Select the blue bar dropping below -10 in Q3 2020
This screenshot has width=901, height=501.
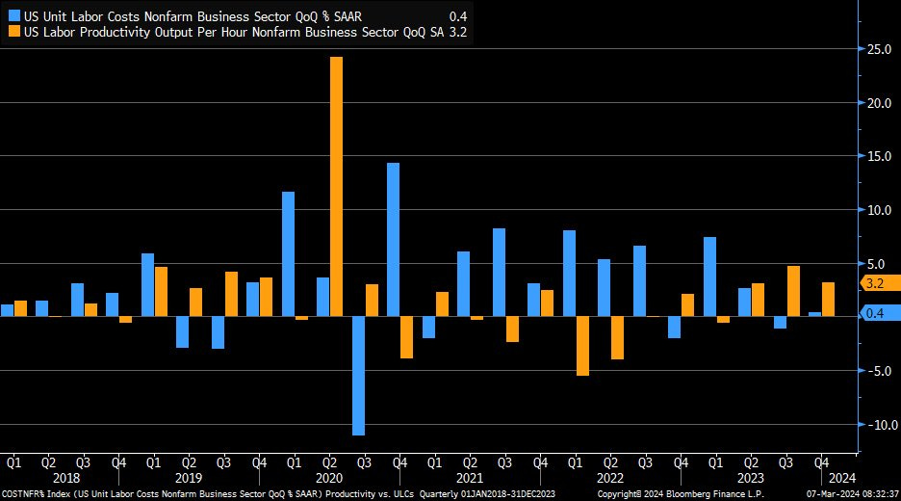pos(358,376)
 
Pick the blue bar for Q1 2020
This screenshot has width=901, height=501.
pos(288,253)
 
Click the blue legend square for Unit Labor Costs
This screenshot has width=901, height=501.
pos(13,15)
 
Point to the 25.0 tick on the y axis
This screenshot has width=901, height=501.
pos(878,49)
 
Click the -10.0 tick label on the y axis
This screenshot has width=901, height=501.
pos(878,425)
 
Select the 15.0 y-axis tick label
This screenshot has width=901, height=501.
pos(878,156)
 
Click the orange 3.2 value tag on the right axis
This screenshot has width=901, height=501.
pos(875,283)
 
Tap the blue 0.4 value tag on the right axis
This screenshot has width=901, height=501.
pos(875,312)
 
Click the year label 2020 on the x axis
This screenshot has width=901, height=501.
pos(328,478)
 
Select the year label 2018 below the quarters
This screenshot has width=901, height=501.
pos(65,478)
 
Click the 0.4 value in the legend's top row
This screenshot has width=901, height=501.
pos(458,15)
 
